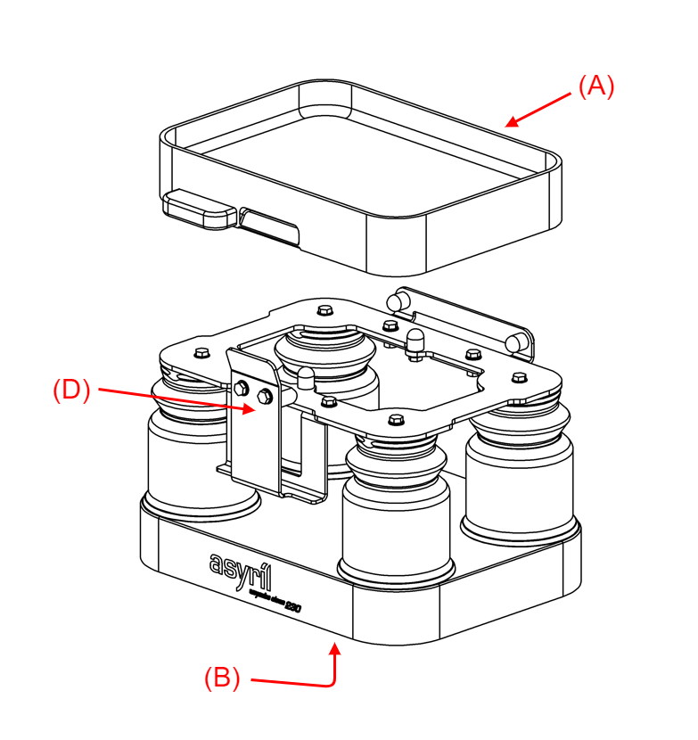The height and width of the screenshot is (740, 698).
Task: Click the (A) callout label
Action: coord(596,86)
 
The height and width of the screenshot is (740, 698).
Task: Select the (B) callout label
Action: coord(222,678)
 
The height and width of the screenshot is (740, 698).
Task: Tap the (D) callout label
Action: coord(71,391)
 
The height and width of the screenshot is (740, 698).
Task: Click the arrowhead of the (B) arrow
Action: coord(336,648)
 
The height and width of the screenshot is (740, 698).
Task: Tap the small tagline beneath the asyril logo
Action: coord(273,598)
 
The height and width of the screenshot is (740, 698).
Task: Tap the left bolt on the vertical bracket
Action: coord(242,388)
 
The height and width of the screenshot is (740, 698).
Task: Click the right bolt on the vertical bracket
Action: coord(264,395)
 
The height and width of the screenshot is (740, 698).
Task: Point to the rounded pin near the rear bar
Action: coord(414,341)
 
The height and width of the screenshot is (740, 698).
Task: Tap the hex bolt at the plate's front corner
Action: coord(396,416)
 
